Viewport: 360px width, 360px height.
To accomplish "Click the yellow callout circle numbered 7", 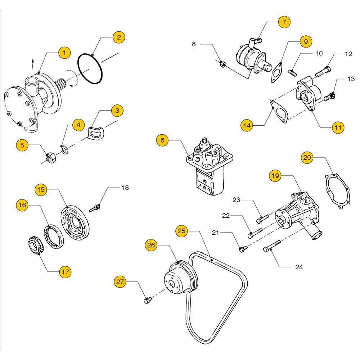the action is (x=284, y=22).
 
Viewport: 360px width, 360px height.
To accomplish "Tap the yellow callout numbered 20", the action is (x=307, y=158).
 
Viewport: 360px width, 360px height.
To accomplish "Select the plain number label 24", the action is (x=299, y=267).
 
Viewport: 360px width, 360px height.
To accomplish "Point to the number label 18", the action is (x=125, y=188).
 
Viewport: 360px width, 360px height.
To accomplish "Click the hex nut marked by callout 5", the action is (x=51, y=158).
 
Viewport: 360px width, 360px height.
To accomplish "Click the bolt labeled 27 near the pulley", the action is (x=148, y=300).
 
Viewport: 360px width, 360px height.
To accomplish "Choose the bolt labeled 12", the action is (x=323, y=71).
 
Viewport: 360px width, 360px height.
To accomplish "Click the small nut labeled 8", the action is (x=222, y=64).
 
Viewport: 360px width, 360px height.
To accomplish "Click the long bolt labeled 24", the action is (x=271, y=246).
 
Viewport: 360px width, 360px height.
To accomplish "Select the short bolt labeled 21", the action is (x=243, y=249).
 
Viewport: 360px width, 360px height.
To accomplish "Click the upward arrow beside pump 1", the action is (x=33, y=64).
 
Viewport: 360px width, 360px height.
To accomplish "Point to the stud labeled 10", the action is (x=292, y=73).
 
